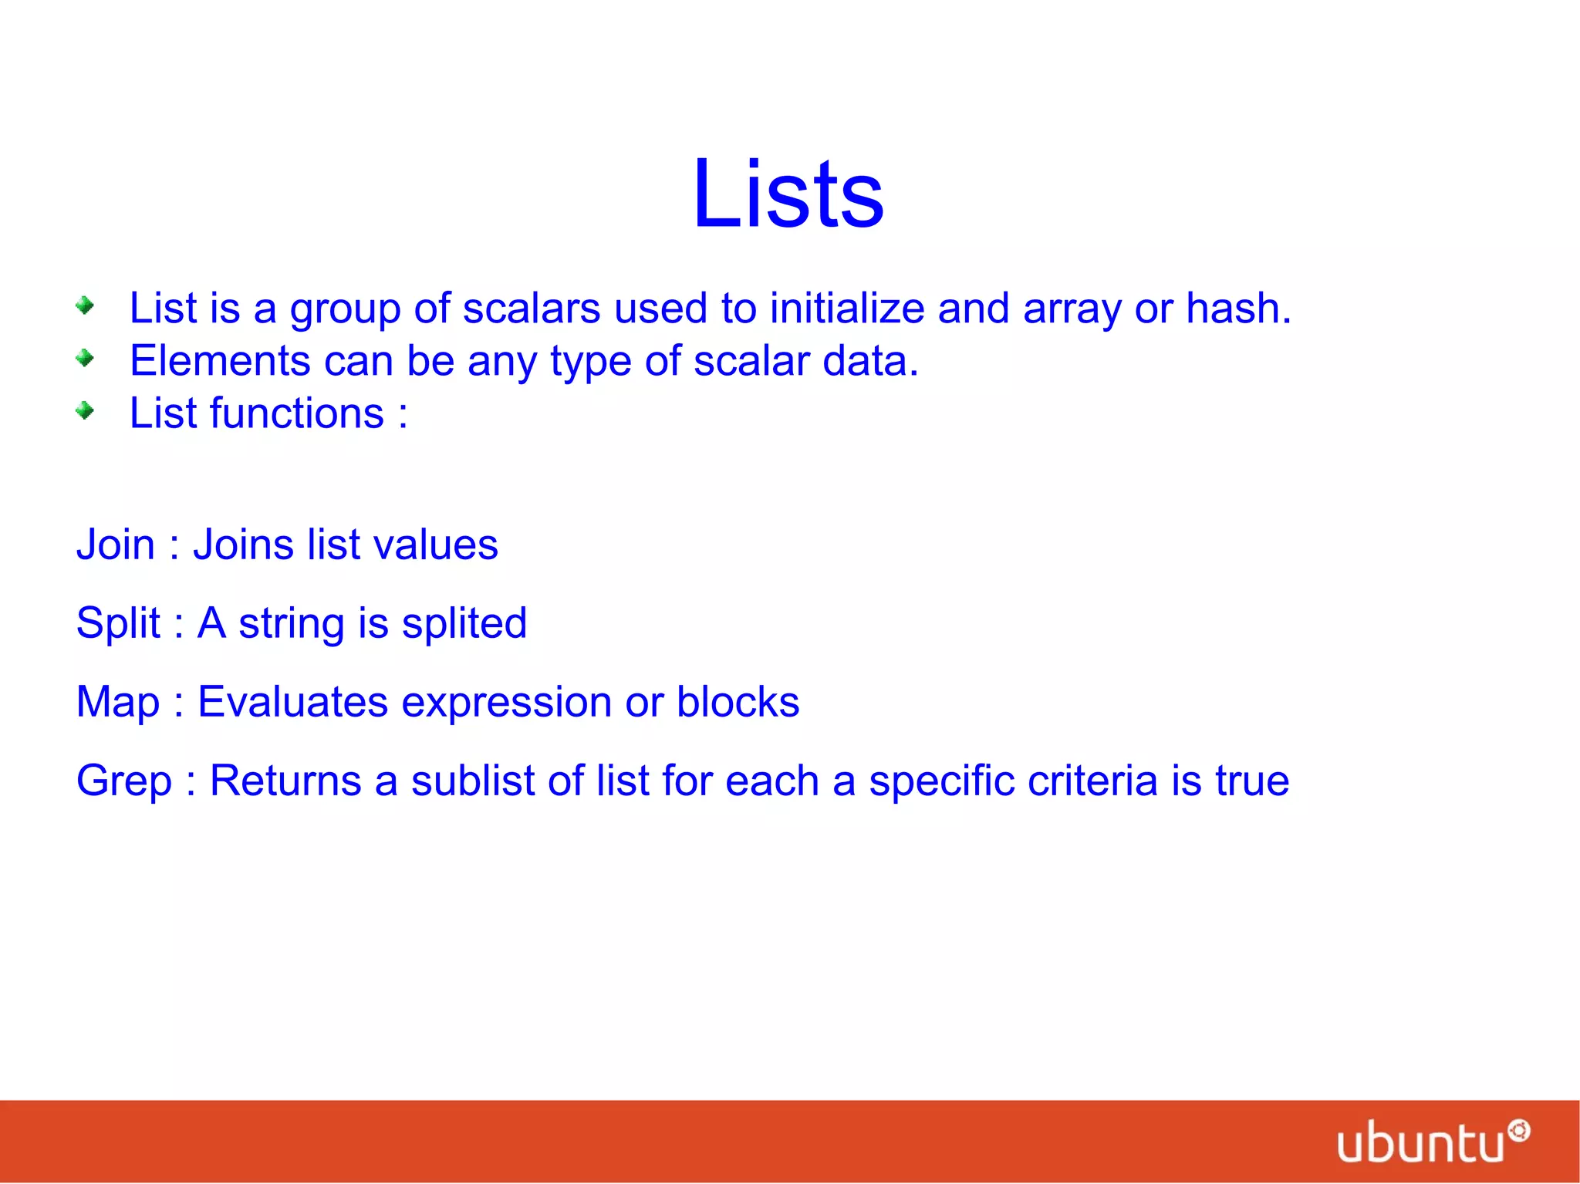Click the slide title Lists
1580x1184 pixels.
tap(788, 194)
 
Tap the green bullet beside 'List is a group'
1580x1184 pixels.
tap(85, 306)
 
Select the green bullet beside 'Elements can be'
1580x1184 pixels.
tap(85, 359)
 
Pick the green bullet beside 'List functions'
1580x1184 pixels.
tap(85, 411)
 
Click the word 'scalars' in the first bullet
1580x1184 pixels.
tap(531, 309)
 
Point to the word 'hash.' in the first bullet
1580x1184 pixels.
tap(1238, 309)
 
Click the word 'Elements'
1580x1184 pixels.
tap(220, 361)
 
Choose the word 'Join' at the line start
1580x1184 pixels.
tap(116, 545)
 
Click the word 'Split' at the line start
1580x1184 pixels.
tap(118, 624)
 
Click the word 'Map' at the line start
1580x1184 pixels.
tap(117, 703)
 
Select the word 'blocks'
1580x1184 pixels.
tap(738, 702)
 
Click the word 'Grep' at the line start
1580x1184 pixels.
tap(123, 781)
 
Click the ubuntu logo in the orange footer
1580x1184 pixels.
tap(1432, 1142)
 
